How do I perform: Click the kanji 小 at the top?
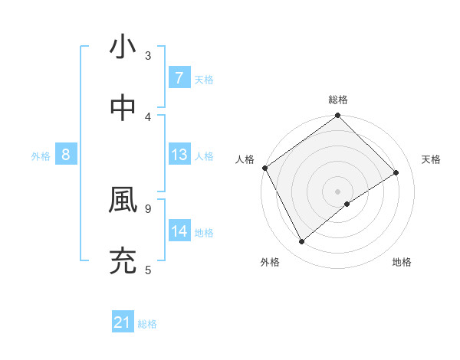point(123,47)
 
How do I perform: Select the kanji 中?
point(123,108)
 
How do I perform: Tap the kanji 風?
point(123,200)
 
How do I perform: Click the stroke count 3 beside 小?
point(148,55)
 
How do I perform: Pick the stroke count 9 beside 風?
point(148,208)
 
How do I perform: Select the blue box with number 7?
point(179,78)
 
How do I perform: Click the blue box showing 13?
point(179,155)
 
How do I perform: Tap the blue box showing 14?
point(179,231)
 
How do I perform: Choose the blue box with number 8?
point(66,155)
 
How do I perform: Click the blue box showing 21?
point(123,323)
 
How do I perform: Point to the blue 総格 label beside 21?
point(147,324)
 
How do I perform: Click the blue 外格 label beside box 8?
point(41,155)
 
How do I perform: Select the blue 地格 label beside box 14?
point(204,232)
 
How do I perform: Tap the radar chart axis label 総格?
point(338,100)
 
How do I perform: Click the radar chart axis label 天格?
point(431,159)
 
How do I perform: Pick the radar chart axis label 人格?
point(245,159)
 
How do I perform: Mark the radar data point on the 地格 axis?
point(347,204)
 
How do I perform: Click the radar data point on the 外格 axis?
point(301,242)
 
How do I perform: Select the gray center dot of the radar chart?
point(338,191)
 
